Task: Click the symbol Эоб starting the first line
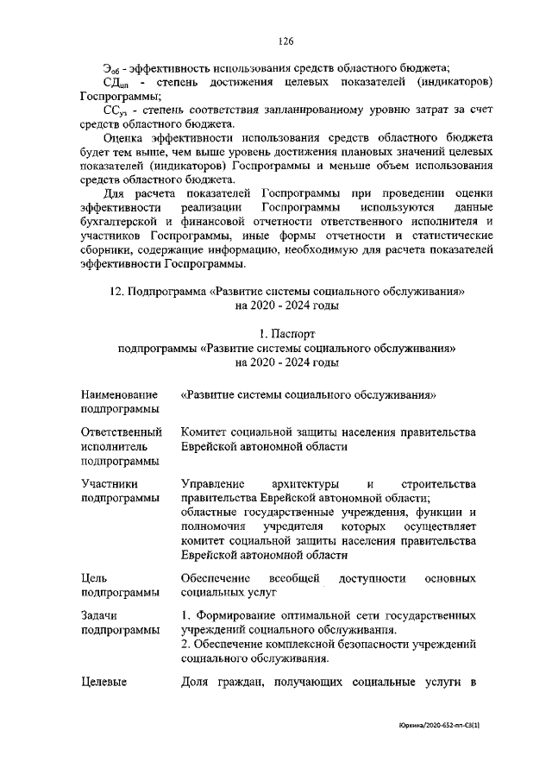[111, 69]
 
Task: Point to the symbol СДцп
[116, 82]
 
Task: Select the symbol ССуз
[116, 110]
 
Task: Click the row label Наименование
[119, 394]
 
